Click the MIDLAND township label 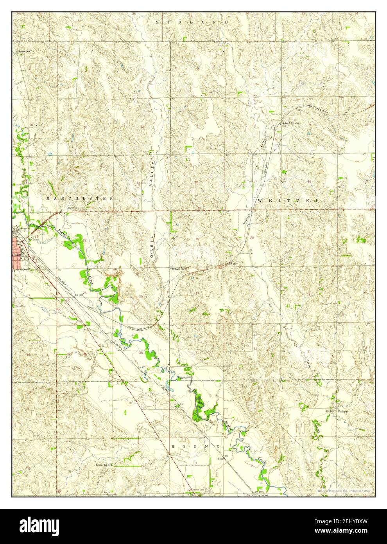tap(192, 22)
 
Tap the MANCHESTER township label tap(80, 198)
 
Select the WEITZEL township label tap(288, 200)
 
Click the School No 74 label tap(103, 465)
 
